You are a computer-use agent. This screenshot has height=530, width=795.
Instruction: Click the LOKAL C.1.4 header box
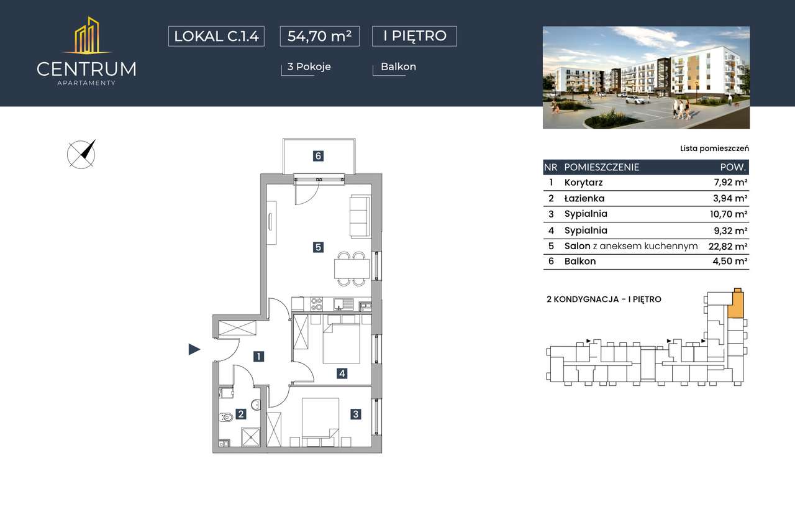[216, 36]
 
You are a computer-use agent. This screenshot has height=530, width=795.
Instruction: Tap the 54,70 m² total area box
[319, 36]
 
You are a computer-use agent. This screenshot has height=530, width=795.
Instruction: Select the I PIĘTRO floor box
[414, 36]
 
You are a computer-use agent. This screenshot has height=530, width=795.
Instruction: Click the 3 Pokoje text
[309, 66]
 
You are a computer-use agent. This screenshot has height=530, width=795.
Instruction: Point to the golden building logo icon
[88, 36]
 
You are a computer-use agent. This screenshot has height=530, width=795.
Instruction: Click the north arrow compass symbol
[81, 154]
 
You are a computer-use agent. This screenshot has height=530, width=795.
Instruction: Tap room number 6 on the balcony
[318, 156]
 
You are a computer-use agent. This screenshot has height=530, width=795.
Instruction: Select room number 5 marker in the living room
[318, 247]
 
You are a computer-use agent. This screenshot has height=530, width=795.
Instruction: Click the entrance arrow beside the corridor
[194, 349]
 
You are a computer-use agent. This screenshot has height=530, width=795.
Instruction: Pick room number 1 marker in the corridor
[259, 357]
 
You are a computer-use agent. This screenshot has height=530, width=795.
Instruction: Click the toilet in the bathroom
[226, 417]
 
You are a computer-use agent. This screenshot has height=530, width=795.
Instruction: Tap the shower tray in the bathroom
[250, 437]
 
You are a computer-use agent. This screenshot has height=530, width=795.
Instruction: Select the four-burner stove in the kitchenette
[317, 304]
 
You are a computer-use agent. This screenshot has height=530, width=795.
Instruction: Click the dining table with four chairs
[352, 268]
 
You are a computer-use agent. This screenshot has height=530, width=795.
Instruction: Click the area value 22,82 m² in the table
[728, 246]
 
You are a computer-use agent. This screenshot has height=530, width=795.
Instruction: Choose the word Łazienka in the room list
[584, 198]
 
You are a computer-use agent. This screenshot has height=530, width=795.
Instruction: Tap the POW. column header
[733, 167]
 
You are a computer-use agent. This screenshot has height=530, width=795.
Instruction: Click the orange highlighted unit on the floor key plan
[735, 305]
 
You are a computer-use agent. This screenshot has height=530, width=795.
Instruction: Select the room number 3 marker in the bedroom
[356, 414]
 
